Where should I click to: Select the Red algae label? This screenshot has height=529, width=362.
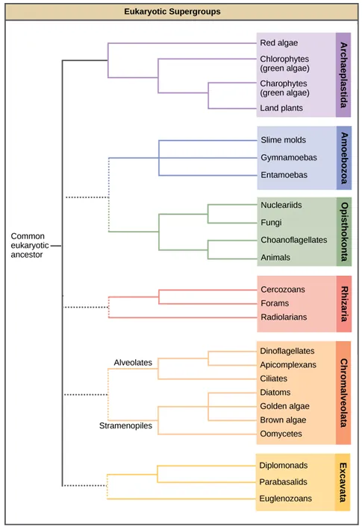pos(278,43)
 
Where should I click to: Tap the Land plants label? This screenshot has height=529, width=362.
pos(281,108)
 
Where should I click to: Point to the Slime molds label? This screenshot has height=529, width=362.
pos(283,140)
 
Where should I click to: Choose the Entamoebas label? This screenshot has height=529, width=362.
pos(284,174)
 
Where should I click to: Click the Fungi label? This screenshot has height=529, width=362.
pos(271,222)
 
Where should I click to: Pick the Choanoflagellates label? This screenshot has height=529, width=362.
pos(293,240)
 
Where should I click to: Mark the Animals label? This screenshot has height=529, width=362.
pos(275,258)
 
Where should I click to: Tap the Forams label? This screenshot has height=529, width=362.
pos(274,303)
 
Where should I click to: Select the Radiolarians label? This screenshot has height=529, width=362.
pos(283,317)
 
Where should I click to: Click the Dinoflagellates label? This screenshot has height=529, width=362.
pos(287,350)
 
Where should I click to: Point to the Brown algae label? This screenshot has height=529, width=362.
pos(284,419)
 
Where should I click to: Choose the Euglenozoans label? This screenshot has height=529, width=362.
pos(286,498)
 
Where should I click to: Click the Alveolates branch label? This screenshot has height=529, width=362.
pos(133,362)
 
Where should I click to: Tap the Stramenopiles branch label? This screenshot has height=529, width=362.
pos(126,426)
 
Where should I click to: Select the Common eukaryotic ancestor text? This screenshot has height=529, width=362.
pos(30,245)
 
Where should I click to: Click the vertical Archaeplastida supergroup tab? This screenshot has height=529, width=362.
pos(343,75)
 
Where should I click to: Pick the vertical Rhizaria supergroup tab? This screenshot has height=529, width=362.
pos(343,304)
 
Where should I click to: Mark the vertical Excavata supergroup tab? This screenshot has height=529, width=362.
pos(343,481)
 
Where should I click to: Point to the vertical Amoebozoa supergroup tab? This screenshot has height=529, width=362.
pos(343,157)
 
